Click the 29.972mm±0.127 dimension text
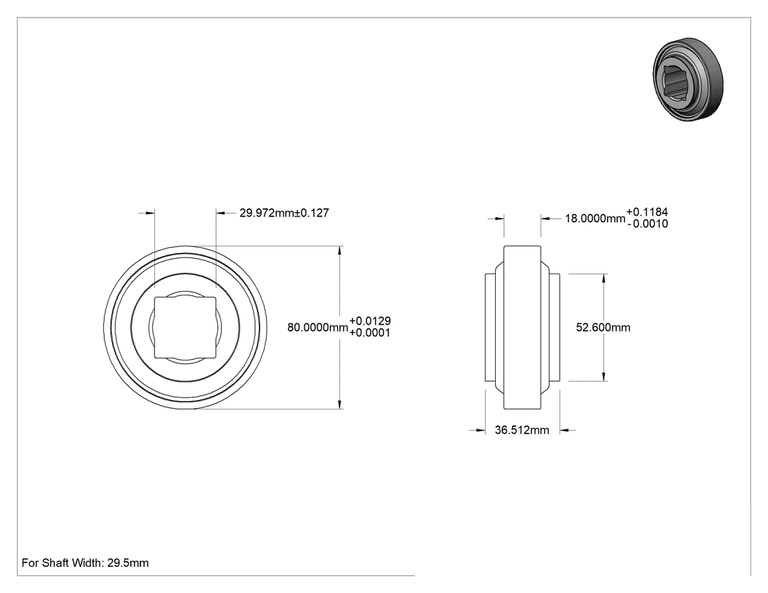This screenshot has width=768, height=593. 284,213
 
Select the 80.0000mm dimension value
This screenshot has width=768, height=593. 317,327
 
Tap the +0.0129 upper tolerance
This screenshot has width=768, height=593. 370,321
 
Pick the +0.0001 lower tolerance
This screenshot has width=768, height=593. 370,333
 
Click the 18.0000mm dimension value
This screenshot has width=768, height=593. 595,219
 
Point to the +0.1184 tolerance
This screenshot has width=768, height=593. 647,212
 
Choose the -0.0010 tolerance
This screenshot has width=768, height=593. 647,224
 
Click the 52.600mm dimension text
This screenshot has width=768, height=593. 603,327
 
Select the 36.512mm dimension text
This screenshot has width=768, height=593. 522,430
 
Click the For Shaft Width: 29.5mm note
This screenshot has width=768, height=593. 86,562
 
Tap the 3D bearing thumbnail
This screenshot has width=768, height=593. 688,79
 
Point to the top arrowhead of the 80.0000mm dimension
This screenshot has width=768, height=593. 340,251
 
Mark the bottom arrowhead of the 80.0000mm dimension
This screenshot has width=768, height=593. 340,404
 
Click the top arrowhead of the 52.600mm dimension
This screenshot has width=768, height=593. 603,279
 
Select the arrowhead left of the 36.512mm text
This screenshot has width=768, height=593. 480,431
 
